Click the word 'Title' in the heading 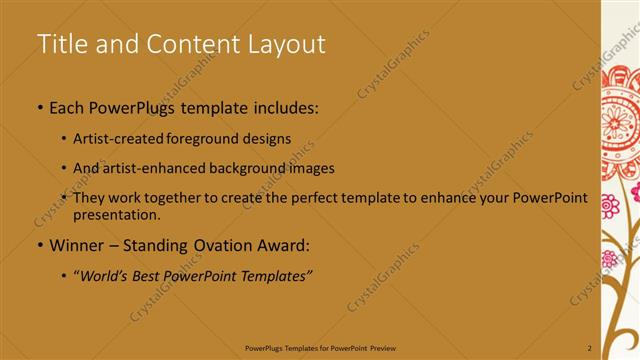60,44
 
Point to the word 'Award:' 283,245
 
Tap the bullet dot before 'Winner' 39,245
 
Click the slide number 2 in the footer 589,347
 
